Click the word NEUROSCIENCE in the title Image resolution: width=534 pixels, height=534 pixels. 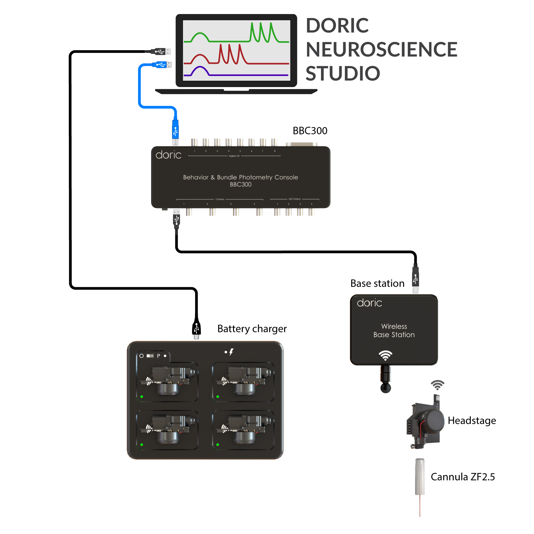(381, 49)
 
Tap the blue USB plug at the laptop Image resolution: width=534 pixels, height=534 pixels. (161, 65)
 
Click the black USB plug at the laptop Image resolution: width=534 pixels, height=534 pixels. (160, 51)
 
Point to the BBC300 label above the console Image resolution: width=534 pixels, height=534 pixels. (310, 131)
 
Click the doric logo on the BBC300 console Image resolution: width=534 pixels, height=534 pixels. (168, 155)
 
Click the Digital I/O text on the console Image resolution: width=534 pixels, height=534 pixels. (234, 156)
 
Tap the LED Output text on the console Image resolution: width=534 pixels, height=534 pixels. (294, 199)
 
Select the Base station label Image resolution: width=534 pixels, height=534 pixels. (377, 283)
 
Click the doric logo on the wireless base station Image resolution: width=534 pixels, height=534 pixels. (369, 303)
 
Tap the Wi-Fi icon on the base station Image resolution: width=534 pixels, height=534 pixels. (385, 355)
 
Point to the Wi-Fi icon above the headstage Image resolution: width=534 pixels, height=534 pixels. (437, 385)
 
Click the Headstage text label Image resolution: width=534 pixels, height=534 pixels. (472, 421)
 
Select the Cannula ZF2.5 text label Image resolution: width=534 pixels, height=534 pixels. (463, 477)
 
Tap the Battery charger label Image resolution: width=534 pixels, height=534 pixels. (252, 329)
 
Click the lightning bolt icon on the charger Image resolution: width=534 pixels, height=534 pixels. (231, 352)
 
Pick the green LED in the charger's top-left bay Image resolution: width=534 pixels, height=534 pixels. (142, 397)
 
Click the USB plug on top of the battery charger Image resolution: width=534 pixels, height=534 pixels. (196, 329)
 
